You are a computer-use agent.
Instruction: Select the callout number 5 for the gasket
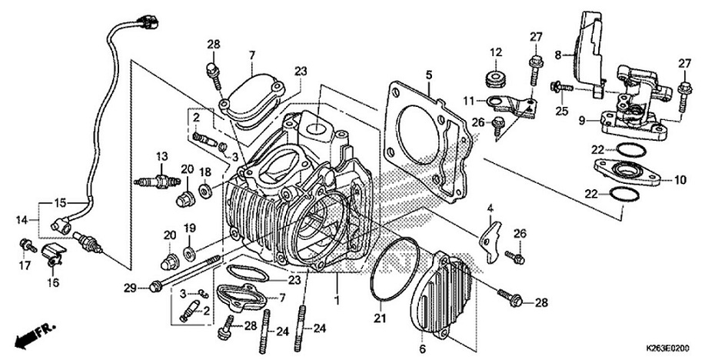click(x=429, y=75)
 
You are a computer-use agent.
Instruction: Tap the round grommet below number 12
click(x=495, y=78)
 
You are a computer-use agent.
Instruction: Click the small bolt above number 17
click(x=25, y=245)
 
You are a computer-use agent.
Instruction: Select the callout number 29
click(x=131, y=288)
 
